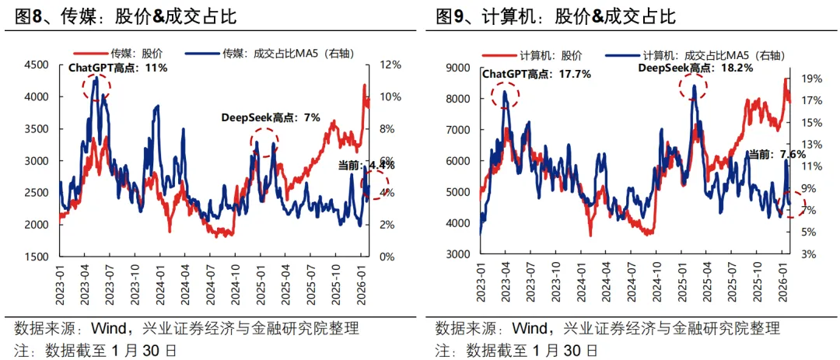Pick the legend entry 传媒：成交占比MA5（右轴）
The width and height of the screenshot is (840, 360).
pyautogui.click(x=281, y=55)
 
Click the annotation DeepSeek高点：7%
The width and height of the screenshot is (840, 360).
pyautogui.click(x=260, y=117)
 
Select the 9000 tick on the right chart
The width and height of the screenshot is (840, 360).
pyautogui.click(x=460, y=68)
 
